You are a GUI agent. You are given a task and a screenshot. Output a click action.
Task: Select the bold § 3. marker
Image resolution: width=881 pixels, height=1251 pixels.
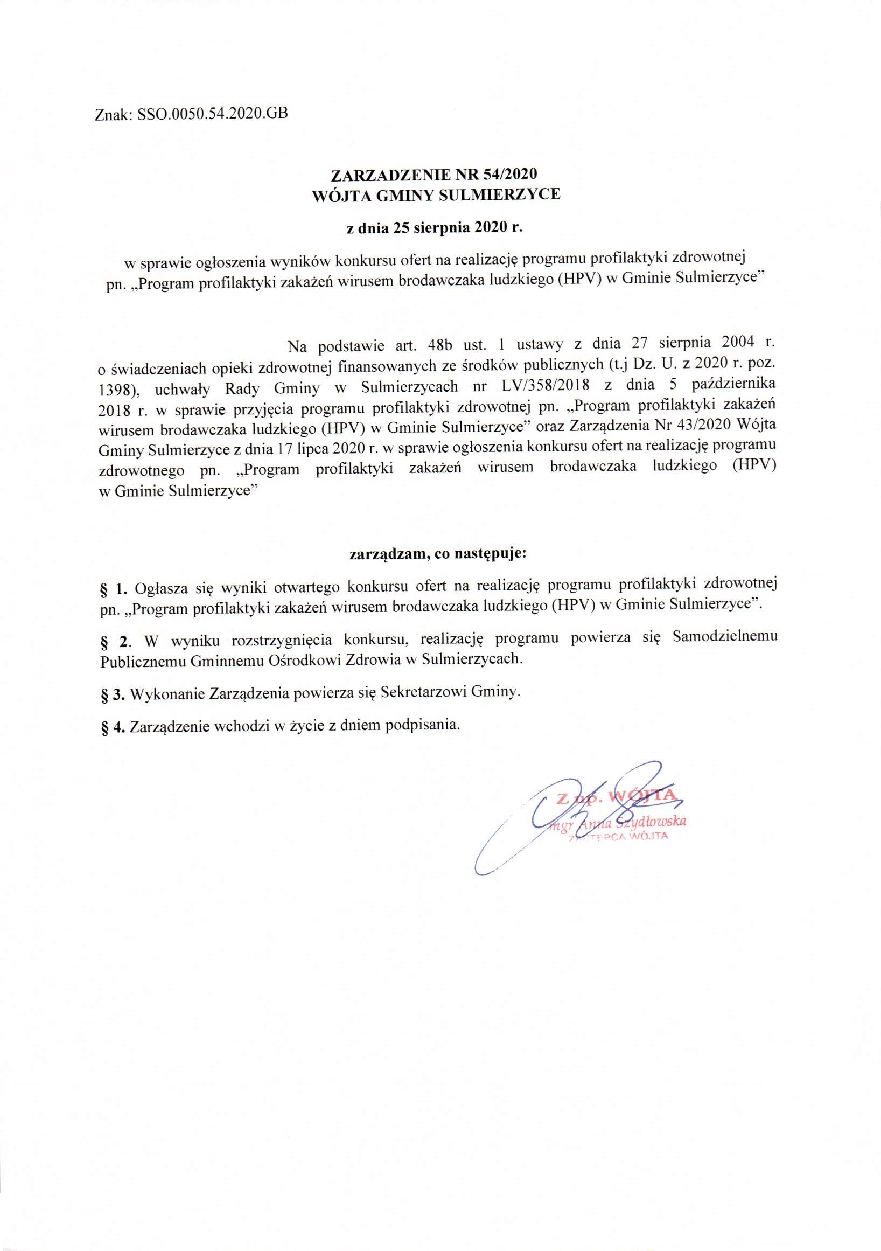114,694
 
